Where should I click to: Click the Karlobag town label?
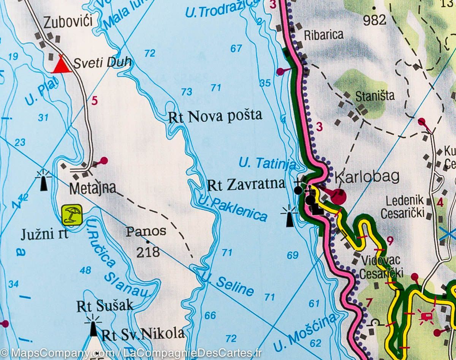point(367,177)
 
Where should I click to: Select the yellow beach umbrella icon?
point(72,215)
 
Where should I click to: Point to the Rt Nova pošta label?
point(215,116)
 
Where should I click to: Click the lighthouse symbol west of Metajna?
point(43,180)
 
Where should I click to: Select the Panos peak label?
point(146,231)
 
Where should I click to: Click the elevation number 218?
point(148,252)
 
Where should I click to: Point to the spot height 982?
point(374,20)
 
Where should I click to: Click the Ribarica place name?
point(323,35)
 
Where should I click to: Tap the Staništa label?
point(375,96)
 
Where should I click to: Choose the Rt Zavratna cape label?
point(246,185)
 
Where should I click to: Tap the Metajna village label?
point(92,188)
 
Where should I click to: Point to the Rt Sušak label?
point(105,306)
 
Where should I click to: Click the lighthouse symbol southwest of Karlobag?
point(289,216)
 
